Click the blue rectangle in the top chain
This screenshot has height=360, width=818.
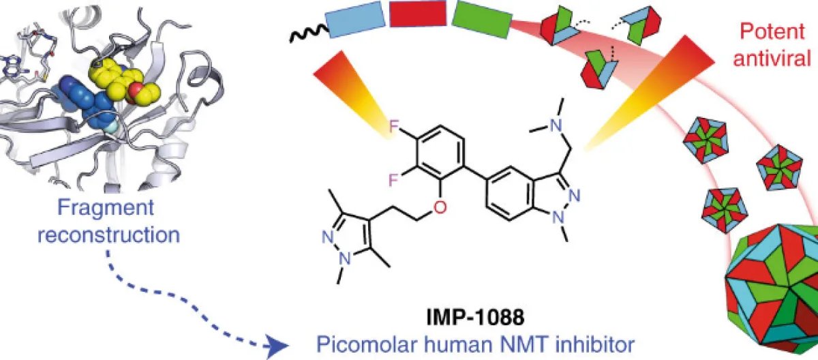356,19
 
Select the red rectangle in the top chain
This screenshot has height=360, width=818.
418,14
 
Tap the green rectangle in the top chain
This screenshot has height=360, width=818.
482,19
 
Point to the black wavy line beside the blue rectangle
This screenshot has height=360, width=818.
309,33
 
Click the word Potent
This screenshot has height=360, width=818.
772,31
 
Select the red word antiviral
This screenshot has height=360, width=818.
772,59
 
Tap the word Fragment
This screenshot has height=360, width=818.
106,209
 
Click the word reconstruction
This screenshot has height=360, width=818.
109,235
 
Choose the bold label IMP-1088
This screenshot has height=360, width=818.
475,317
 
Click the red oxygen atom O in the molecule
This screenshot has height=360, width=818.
440,207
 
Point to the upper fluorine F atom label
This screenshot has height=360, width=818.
394,126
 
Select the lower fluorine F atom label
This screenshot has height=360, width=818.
393,180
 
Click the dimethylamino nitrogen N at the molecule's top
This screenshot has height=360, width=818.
556,125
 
